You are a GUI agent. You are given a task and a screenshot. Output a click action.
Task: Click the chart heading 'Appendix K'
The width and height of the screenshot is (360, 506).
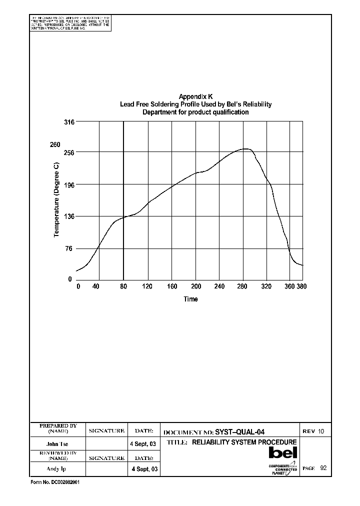(x=195, y=96)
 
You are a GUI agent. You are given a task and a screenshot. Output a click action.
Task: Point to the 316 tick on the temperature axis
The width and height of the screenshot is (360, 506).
(x=69, y=122)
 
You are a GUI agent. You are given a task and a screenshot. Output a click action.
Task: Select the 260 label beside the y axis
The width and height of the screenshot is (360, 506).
(x=54, y=145)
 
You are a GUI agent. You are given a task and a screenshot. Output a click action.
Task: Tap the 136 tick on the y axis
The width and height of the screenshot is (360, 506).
(x=69, y=216)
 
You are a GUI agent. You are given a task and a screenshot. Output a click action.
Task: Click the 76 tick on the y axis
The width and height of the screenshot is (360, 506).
(x=70, y=248)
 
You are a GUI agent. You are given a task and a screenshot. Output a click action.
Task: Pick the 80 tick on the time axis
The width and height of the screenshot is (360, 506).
(x=124, y=287)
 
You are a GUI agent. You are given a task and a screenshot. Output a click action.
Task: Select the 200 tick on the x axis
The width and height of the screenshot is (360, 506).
(x=196, y=287)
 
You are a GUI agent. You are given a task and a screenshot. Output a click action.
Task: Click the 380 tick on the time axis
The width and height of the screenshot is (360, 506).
(x=301, y=287)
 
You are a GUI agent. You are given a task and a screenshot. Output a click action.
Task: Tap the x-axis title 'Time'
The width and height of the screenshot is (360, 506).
(x=190, y=299)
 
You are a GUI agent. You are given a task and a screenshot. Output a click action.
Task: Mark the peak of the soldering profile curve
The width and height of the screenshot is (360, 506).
(x=245, y=148)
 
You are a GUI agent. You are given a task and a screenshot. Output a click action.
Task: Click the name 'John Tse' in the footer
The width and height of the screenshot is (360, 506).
(x=57, y=444)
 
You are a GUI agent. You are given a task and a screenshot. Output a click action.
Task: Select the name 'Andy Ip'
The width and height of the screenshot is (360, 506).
(x=57, y=469)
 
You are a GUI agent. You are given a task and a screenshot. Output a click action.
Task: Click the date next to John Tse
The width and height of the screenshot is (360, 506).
(x=143, y=444)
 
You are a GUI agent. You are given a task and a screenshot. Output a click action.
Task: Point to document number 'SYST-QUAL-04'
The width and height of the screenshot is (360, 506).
(x=239, y=432)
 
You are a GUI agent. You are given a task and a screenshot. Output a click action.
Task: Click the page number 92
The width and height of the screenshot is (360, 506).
(x=323, y=468)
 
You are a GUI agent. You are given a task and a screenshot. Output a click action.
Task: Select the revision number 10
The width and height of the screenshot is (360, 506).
(x=321, y=431)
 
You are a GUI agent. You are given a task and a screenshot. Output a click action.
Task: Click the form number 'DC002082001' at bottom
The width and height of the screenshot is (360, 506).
(x=66, y=484)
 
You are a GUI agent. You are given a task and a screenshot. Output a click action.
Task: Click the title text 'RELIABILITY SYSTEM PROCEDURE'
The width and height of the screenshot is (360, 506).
(x=244, y=442)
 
